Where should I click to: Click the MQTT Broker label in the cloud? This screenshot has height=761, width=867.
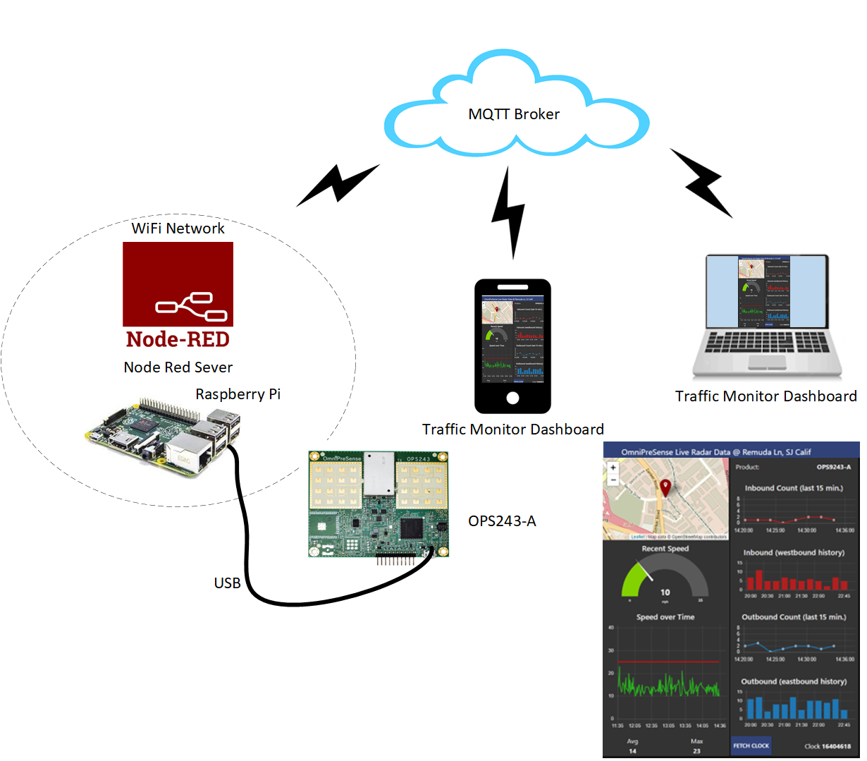(x=514, y=114)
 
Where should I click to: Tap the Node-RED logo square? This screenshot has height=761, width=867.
(x=178, y=284)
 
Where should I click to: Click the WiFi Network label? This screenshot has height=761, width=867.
(x=178, y=229)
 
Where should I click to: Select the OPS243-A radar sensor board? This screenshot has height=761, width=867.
(x=378, y=504)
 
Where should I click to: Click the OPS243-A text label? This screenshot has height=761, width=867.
(x=502, y=521)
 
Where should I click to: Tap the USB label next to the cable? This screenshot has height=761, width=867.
(x=227, y=583)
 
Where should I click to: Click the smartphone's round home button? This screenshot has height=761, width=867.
(x=512, y=398)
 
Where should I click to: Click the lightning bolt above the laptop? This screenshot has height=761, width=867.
(x=701, y=182)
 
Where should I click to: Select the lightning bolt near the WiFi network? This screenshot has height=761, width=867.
(x=338, y=185)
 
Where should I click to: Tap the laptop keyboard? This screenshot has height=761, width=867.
(x=766, y=343)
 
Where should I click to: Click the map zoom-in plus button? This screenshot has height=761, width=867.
(x=613, y=468)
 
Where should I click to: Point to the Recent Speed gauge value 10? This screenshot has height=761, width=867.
(x=665, y=592)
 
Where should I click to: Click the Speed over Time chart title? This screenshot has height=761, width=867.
(x=665, y=617)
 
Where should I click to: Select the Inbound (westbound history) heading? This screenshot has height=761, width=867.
(x=794, y=552)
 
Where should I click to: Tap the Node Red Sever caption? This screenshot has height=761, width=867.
(x=178, y=367)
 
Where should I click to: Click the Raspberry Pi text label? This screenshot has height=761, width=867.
(x=238, y=394)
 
